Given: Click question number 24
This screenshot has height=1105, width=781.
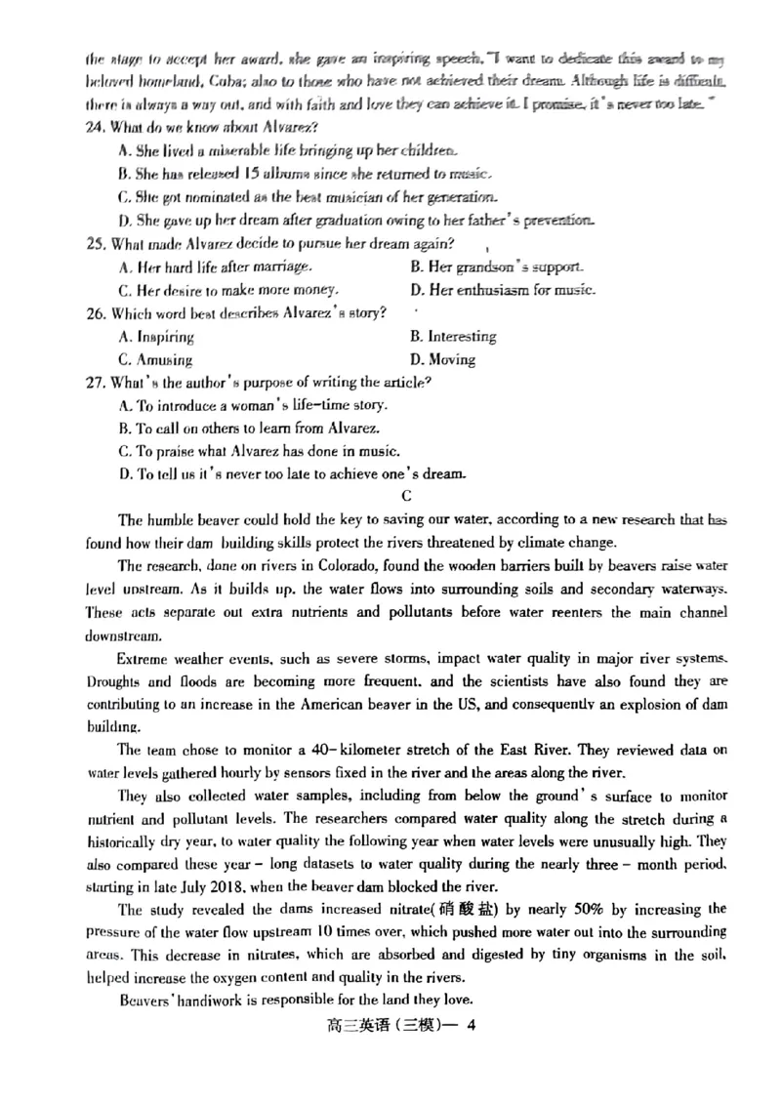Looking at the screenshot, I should click(95, 128).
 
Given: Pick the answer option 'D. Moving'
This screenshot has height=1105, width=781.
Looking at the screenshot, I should click(443, 359).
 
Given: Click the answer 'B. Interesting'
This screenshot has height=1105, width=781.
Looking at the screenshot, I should click(454, 337).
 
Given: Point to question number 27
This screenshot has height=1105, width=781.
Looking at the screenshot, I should click(95, 383).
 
